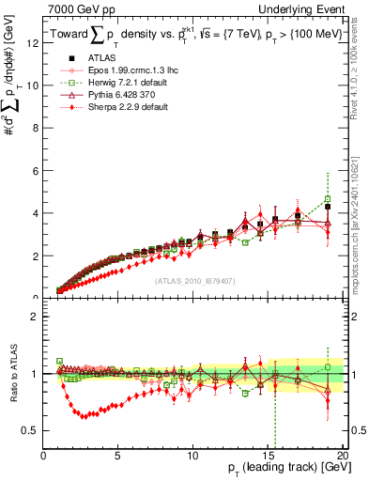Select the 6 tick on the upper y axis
pyautogui.click(x=36, y=170)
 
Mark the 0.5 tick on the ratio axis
pyautogui.click(x=31, y=430)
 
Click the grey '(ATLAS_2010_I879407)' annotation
pyautogui.click(x=194, y=279)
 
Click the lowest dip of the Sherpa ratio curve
pyautogui.click(x=84, y=416)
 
